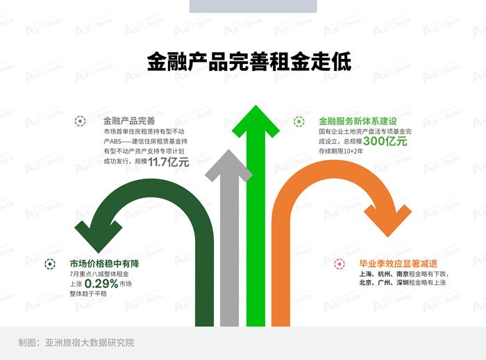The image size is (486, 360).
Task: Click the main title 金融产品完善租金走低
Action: [249, 61]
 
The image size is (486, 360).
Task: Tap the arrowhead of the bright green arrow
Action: [255, 121]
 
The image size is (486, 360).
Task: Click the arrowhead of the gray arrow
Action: [228, 165]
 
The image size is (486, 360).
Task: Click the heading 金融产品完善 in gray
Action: [129, 121]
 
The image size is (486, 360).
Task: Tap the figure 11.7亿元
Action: [168, 162]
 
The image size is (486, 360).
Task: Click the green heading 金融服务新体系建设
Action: [358, 121]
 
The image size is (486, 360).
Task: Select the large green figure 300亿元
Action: [385, 141]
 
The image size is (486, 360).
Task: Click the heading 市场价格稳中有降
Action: [104, 263]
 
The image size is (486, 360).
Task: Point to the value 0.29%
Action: [101, 284]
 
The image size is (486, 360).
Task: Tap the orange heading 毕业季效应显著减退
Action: [398, 263]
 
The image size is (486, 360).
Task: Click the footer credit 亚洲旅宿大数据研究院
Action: [90, 343]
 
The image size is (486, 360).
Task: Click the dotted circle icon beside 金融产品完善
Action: [81, 121]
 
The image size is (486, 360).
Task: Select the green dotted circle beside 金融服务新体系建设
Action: [299, 122]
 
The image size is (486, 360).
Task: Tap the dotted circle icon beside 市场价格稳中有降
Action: [49, 264]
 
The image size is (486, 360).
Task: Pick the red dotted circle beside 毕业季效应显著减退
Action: [340, 264]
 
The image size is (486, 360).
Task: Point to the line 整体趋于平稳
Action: [88, 293]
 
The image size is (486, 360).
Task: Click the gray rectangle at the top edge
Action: [253, 6]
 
